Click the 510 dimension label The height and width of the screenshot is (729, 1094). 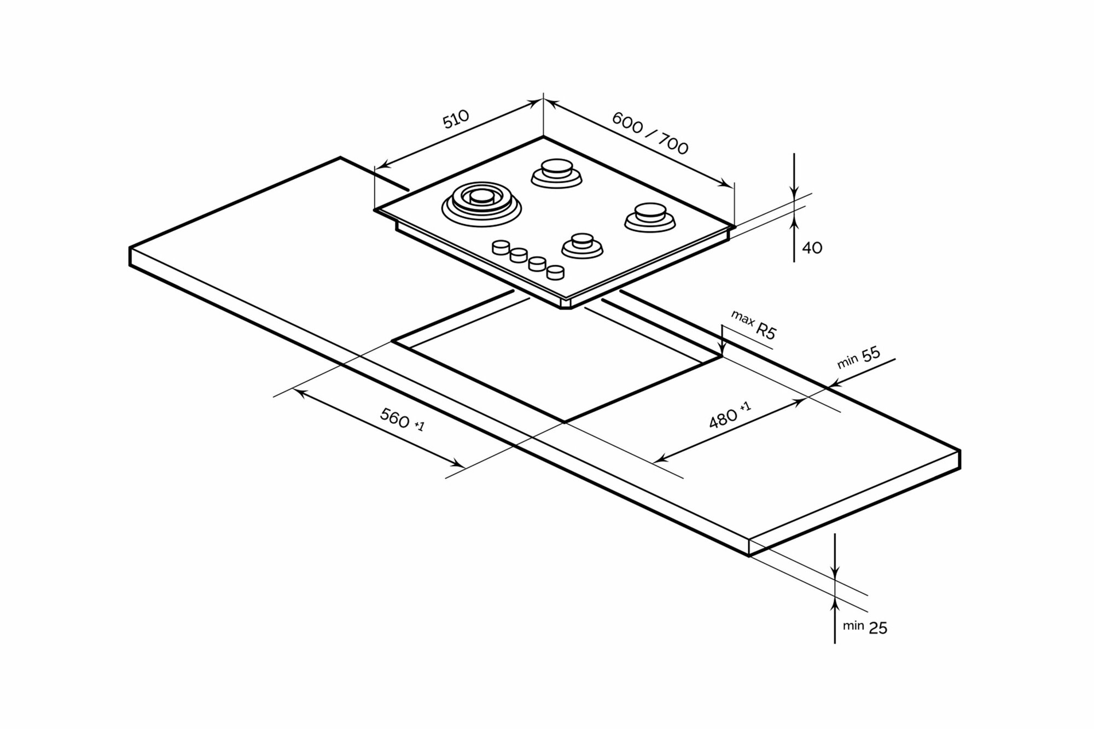(456, 119)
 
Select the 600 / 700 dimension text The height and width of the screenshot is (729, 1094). (650, 133)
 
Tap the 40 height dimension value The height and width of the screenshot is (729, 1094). (812, 248)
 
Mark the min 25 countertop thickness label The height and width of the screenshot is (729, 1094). (865, 627)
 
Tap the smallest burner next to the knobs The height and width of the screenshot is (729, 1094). (583, 246)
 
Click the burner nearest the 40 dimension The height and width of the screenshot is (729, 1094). (650, 216)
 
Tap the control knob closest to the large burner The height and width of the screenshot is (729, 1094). (501, 247)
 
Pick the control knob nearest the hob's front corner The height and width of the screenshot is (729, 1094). (555, 272)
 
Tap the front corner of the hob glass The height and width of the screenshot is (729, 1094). (566, 300)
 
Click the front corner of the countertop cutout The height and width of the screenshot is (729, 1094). (565, 422)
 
